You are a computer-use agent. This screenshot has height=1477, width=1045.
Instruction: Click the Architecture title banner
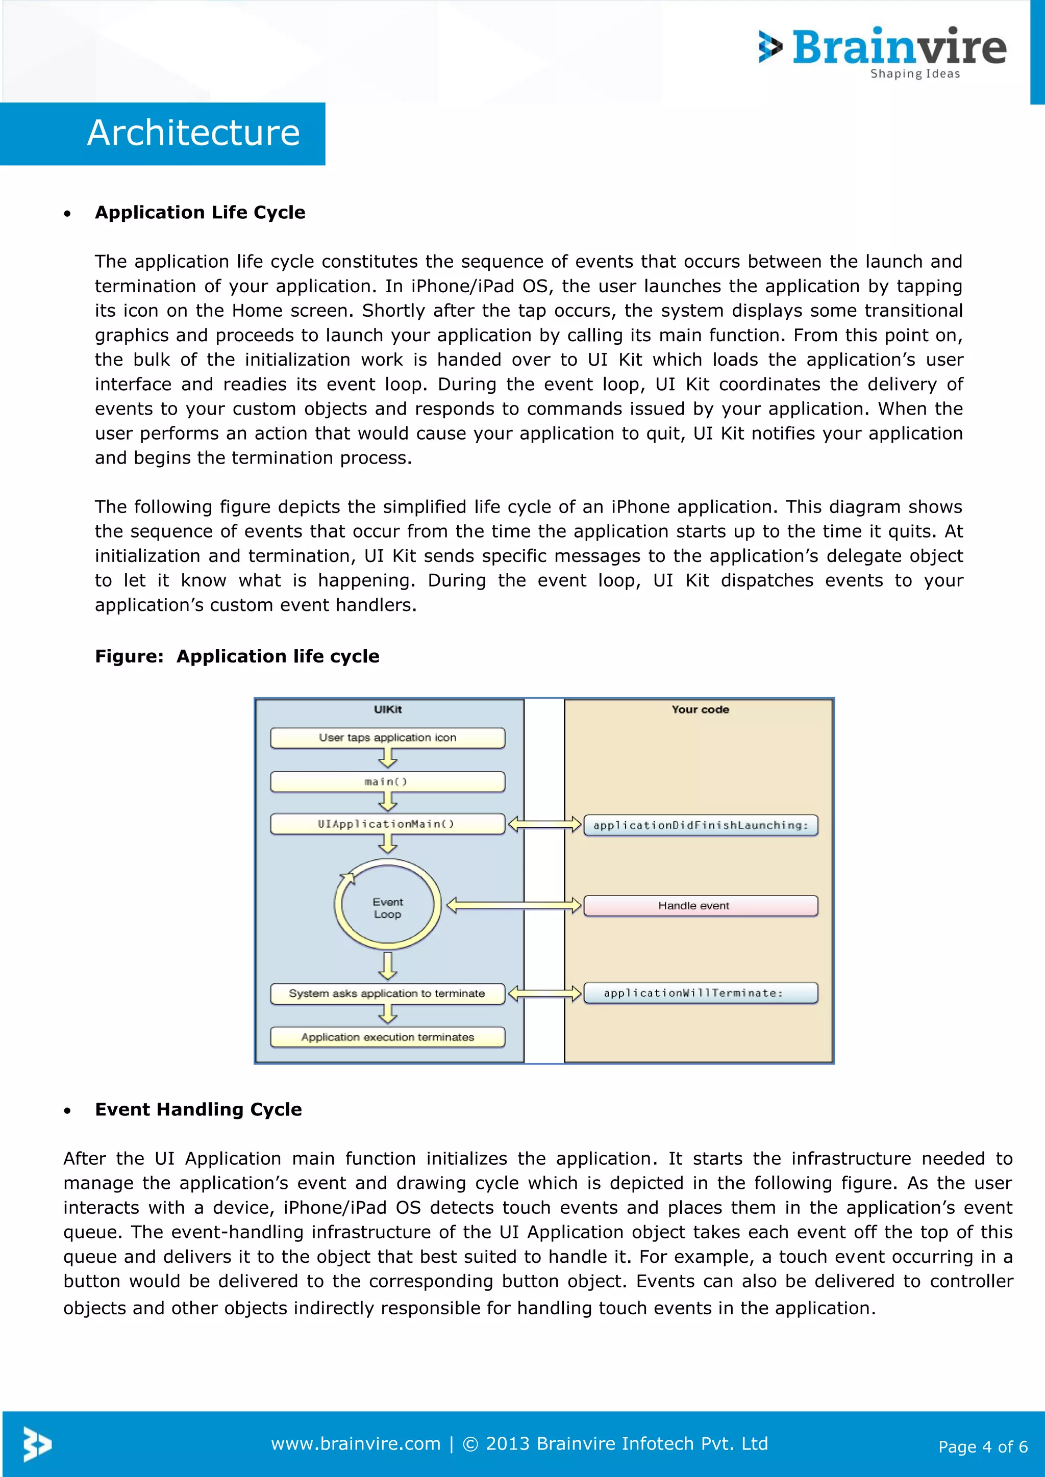point(193,133)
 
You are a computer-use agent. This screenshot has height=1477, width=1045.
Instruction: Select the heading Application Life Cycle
point(200,212)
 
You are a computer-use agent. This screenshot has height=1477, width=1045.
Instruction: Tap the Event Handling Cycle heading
point(198,1109)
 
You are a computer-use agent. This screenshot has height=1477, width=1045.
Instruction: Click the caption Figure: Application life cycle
point(237,656)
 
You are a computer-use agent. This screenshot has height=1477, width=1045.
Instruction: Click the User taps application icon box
point(387,738)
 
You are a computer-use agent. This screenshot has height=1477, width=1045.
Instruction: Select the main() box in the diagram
point(387,782)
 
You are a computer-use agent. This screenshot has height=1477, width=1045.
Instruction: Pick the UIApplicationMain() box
point(387,824)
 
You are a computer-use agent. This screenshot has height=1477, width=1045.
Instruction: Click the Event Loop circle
point(387,907)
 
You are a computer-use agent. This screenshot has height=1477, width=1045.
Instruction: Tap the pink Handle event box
point(700,906)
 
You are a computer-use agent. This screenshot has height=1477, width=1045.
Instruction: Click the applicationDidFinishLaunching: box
point(700,825)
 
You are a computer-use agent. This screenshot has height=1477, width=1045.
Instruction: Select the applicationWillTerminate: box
point(700,993)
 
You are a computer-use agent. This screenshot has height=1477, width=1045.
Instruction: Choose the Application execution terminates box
point(387,1037)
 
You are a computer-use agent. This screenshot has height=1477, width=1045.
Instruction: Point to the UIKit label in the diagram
point(387,709)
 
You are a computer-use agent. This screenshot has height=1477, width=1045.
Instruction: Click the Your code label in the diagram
point(700,709)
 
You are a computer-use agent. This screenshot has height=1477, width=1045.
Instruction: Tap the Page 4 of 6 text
point(983,1447)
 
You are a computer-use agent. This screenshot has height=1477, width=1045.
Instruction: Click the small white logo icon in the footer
point(37,1444)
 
